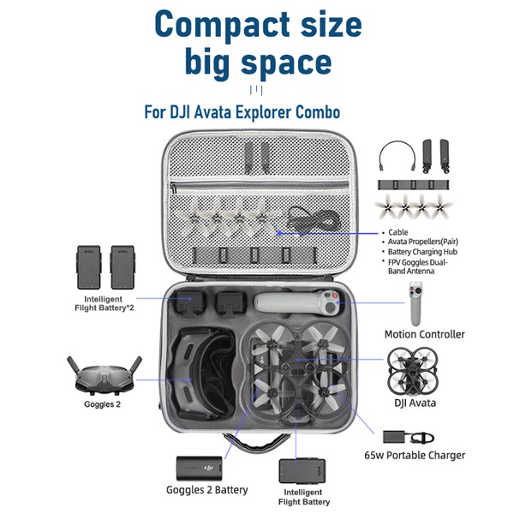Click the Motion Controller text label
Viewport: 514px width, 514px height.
point(424,334)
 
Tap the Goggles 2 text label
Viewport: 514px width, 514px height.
point(102,403)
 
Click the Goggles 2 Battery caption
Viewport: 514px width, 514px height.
point(207,490)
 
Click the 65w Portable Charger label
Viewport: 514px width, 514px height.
point(415,456)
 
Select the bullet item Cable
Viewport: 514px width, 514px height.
point(399,232)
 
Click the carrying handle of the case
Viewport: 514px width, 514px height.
point(257,444)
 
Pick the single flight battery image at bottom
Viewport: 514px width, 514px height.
point(300,473)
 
